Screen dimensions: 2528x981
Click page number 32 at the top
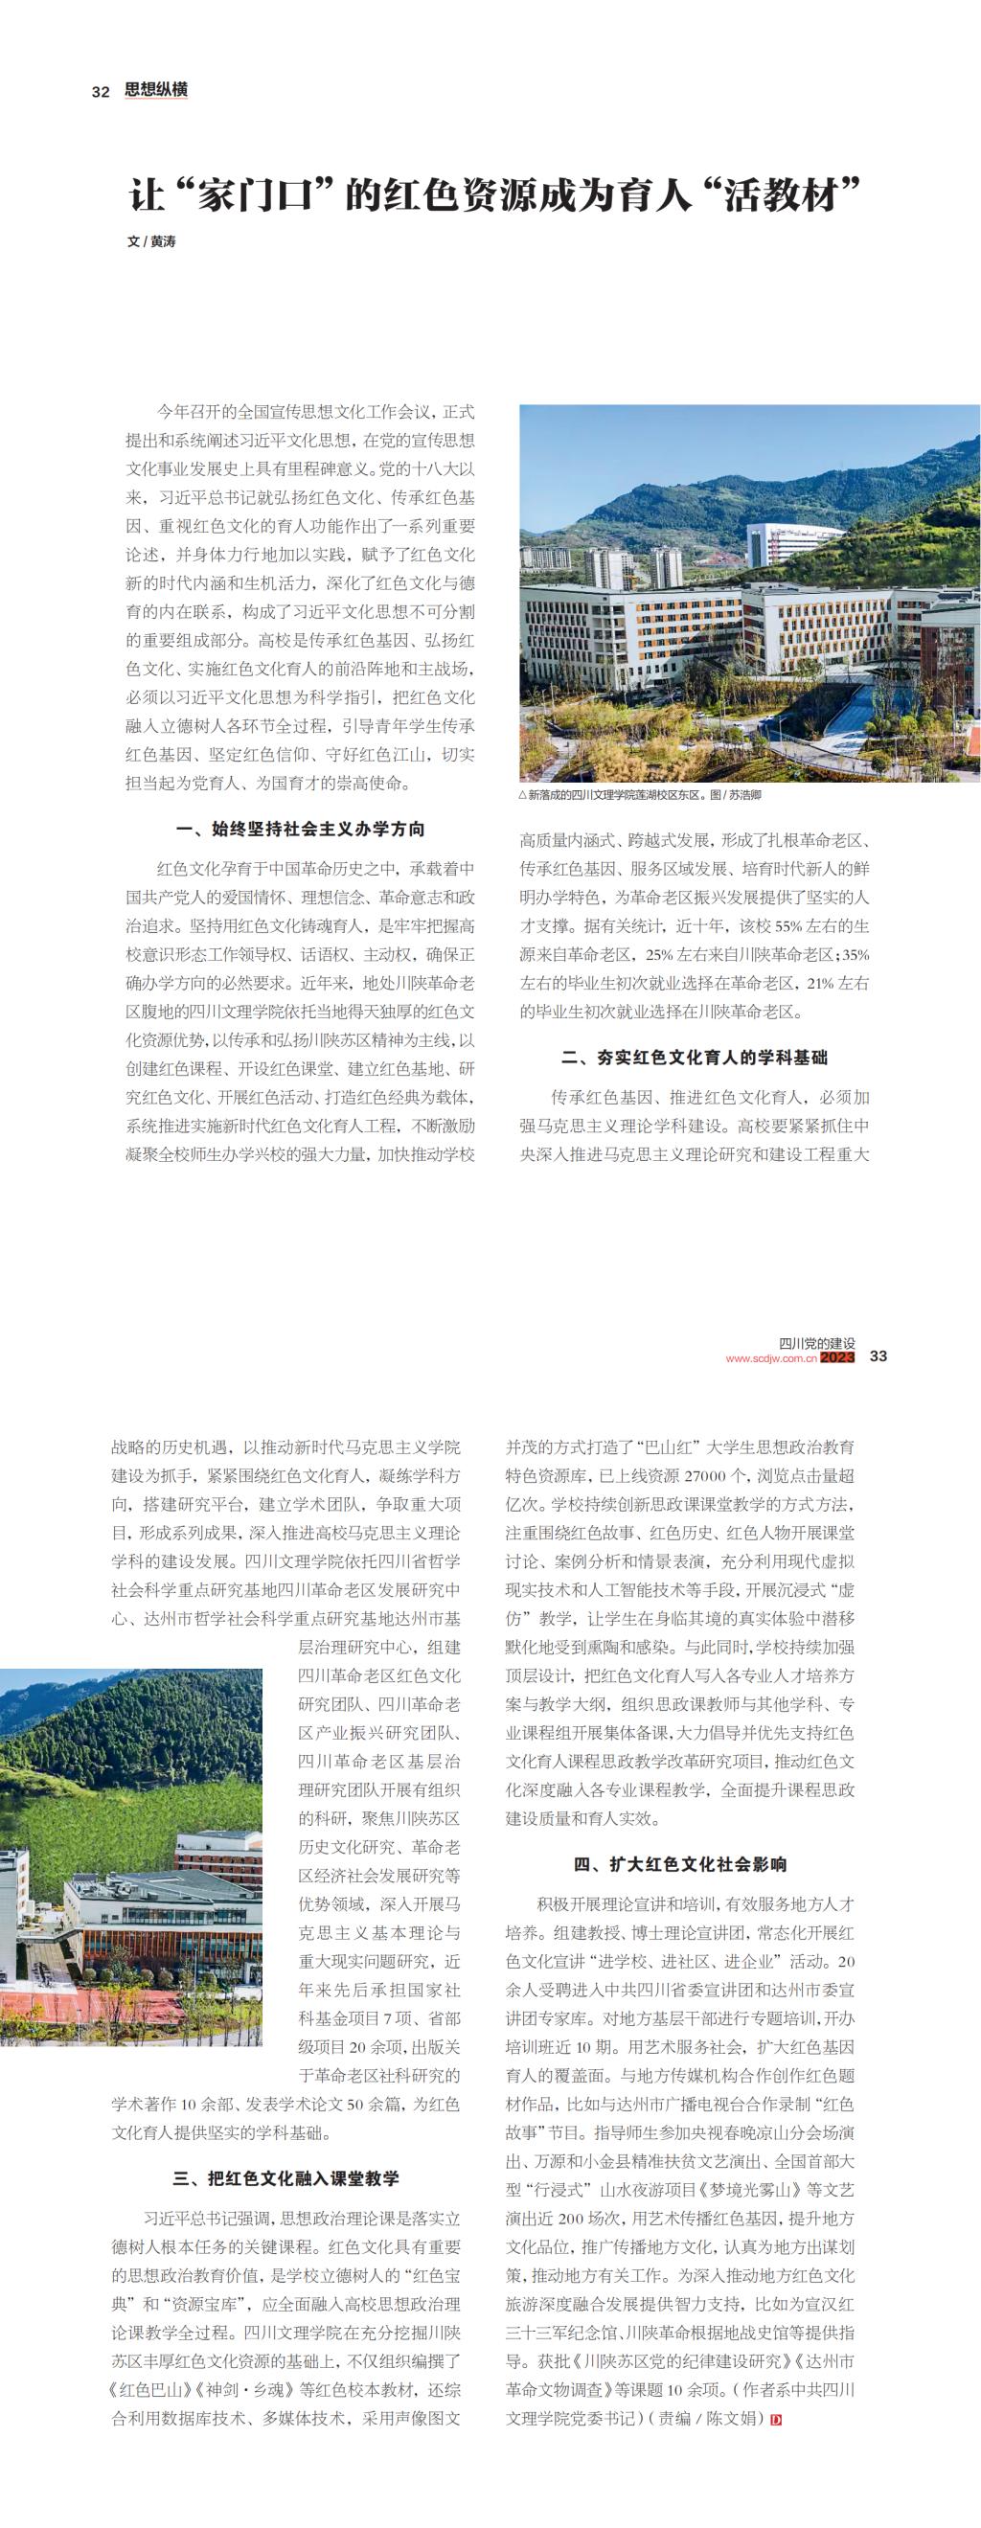click(99, 91)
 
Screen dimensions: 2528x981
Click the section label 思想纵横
click(156, 90)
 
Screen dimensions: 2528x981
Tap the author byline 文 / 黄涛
click(151, 241)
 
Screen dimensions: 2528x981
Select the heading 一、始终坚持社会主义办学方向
click(300, 830)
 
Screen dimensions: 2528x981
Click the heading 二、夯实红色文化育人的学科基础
click(694, 1057)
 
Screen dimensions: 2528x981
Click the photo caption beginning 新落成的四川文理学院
click(644, 795)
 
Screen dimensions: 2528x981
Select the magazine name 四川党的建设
click(816, 1342)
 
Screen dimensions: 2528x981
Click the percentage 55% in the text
click(787, 925)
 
